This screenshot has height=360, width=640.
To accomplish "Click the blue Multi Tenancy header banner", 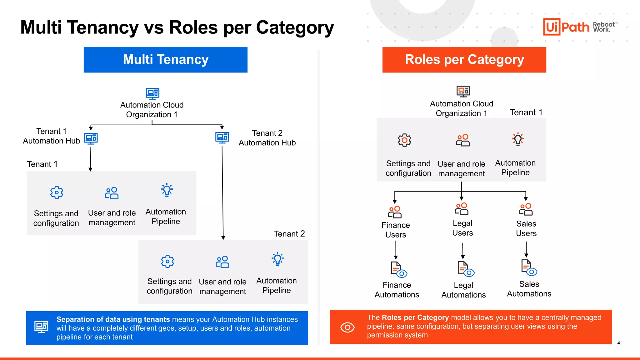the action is [165, 60].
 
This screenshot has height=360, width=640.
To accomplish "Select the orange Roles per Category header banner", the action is [464, 60].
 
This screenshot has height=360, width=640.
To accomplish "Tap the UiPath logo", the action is [566, 27].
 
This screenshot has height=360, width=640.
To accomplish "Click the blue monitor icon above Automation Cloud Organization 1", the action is [152, 93].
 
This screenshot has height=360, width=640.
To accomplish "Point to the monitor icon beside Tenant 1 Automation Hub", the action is [91, 138].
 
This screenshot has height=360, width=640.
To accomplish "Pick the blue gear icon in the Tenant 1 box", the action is [57, 192].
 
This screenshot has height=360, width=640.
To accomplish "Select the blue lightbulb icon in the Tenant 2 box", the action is [277, 259].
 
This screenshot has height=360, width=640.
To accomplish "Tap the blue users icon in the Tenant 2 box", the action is [222, 262].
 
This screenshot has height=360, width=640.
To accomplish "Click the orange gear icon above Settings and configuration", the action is [404, 140].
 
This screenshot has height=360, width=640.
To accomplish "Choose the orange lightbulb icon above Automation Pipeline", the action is [518, 139].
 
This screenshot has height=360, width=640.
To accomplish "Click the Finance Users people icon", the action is [395, 212].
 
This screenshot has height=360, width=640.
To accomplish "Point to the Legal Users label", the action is [462, 228].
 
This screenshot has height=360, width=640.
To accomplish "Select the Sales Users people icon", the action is [526, 209].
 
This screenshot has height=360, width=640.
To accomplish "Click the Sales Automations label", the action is [529, 289].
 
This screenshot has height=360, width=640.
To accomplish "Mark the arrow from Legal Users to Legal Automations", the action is [463, 251].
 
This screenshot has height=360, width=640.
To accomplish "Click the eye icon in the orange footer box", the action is [347, 327].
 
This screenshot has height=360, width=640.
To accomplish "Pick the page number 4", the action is [618, 343].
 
